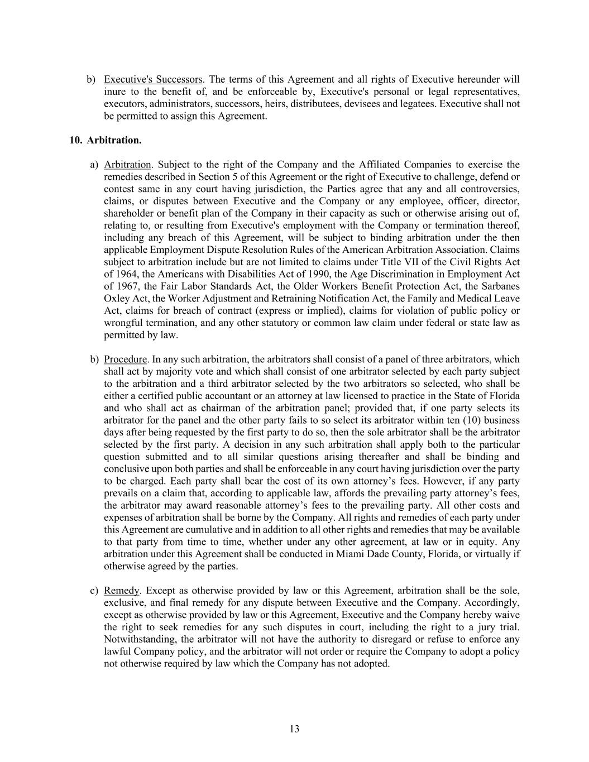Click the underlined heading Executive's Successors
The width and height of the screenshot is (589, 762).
pos(153,79)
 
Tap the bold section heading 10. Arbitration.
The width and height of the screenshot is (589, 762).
pos(106,140)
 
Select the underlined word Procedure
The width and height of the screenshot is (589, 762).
pos(125,359)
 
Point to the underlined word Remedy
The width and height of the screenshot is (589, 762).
pos(121,590)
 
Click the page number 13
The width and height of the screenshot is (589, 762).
pos(295,729)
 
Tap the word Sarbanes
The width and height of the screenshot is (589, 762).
pos(501,286)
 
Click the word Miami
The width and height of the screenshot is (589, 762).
pos(349,554)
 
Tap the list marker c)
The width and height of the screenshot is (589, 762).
pos(94,590)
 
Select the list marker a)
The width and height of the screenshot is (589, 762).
pos(94,164)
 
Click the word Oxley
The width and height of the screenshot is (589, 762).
pos(116,299)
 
